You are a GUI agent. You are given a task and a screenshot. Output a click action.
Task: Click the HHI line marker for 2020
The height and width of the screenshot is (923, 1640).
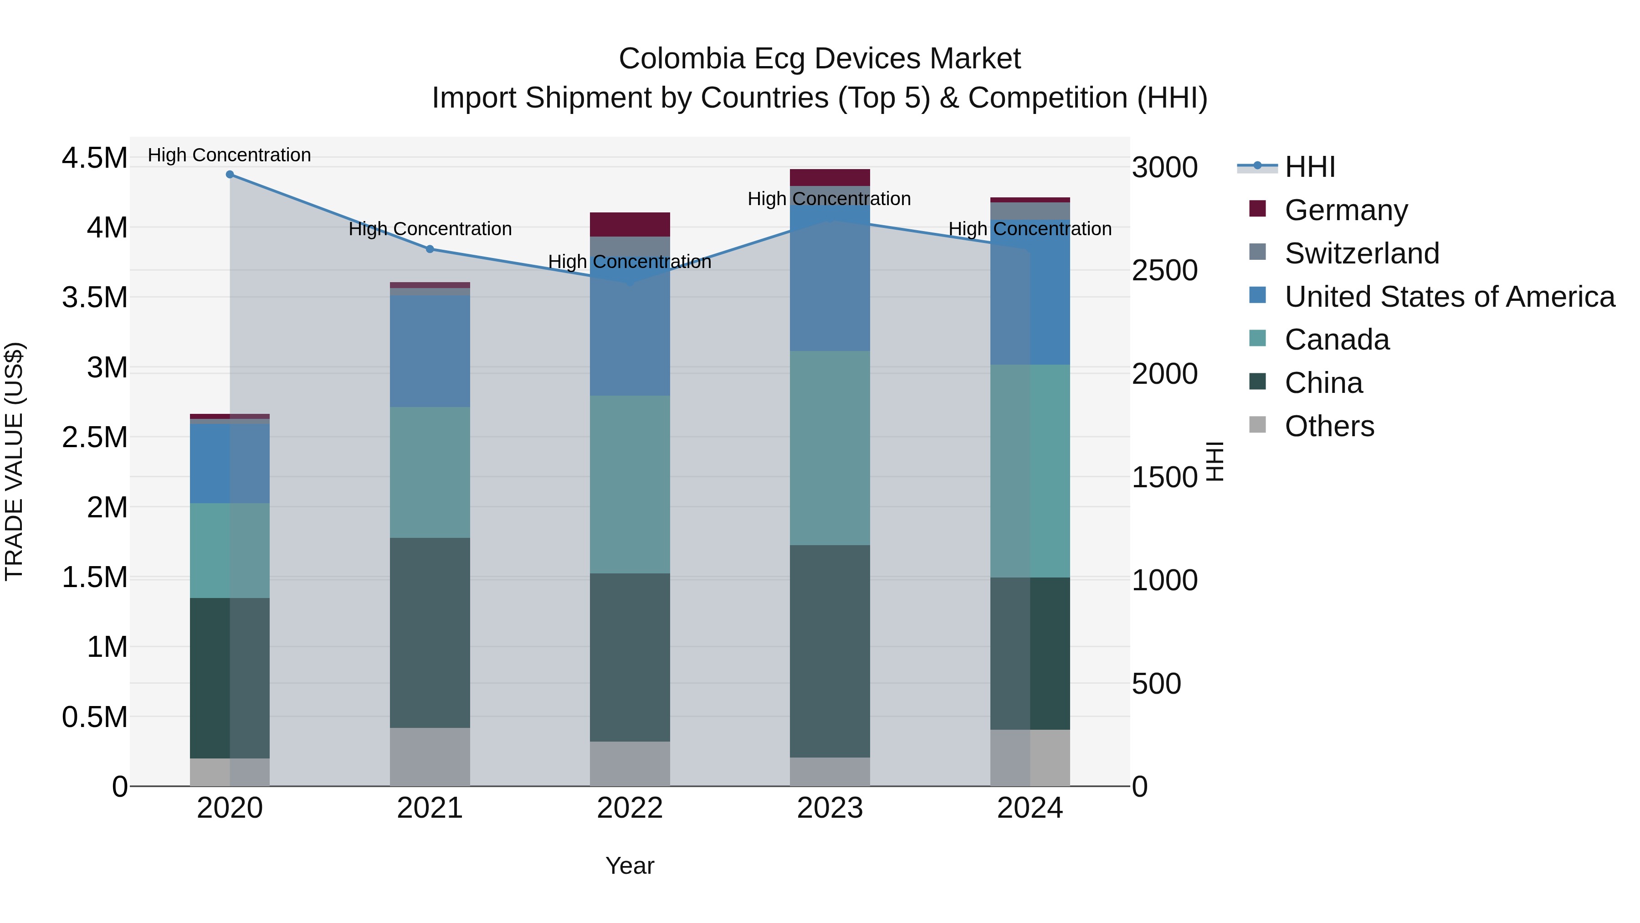click(x=230, y=175)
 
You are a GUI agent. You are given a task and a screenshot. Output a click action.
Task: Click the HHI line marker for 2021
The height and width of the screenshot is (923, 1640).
click(x=430, y=249)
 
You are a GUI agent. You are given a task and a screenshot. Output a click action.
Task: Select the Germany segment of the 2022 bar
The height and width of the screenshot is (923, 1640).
click(x=630, y=224)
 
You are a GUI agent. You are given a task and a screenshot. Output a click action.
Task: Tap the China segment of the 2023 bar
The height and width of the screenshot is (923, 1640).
click(x=830, y=651)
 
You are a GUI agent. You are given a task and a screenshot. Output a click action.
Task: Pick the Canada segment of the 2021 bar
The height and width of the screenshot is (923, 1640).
click(x=430, y=472)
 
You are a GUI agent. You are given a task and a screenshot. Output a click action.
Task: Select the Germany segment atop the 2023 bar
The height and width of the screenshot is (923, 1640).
click(x=830, y=177)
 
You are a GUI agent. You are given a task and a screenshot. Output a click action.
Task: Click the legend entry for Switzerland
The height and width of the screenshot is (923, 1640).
click(x=1361, y=253)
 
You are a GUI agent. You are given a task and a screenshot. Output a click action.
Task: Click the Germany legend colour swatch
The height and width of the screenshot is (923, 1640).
click(x=1257, y=208)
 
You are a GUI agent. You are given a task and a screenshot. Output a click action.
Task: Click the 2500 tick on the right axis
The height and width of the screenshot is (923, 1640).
click(x=1164, y=271)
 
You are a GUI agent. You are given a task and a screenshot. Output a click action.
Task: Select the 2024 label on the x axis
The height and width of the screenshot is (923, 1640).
click(x=1030, y=808)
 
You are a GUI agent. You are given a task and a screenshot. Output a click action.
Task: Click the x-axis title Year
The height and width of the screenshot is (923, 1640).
click(x=630, y=866)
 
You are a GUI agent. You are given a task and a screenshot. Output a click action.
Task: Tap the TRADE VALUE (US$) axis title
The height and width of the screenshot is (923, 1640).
click(x=14, y=461)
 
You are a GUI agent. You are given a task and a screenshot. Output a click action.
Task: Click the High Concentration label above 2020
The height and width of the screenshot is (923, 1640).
click(x=229, y=155)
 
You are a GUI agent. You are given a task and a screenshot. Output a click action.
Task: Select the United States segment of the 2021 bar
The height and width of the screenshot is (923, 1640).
click(x=430, y=351)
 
